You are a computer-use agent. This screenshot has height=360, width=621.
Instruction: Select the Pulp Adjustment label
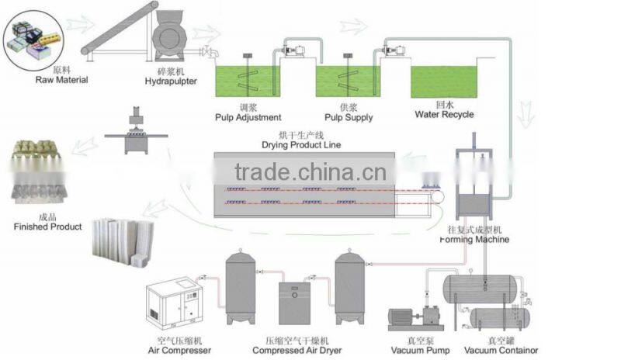248,117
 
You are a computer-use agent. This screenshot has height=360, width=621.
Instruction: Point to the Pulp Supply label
348,117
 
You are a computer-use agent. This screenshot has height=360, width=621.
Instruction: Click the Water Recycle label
444,115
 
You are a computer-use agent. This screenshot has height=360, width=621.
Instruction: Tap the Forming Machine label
474,240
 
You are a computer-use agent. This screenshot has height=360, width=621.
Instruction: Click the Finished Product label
47,227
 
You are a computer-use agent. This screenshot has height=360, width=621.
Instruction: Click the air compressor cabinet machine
172,306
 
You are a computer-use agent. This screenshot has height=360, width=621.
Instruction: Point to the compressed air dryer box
294,303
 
